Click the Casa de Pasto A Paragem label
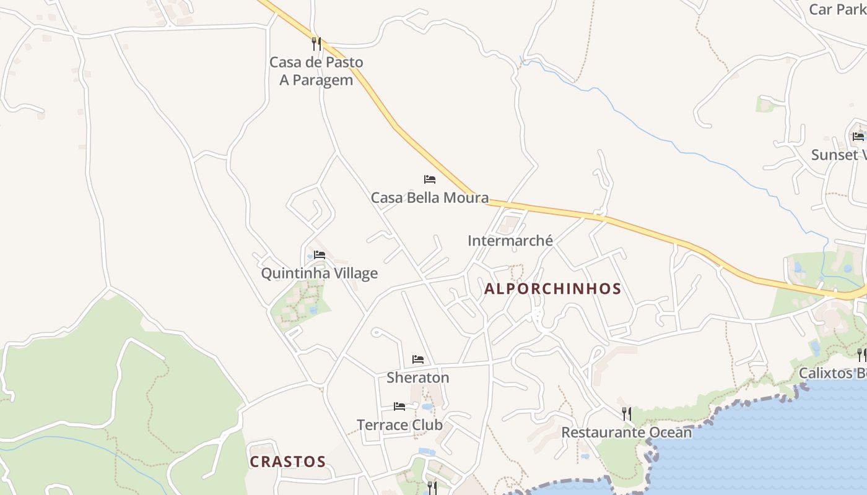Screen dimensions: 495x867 point(316,71)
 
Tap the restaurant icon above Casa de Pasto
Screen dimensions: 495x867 point(316,44)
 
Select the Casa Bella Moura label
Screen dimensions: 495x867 point(429,198)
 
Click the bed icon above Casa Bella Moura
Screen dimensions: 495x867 point(430,179)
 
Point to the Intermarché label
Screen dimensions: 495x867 point(510,241)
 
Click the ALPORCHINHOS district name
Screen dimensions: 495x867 point(552,289)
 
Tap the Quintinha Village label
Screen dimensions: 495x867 point(319,273)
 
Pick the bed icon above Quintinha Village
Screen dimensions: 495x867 point(320,254)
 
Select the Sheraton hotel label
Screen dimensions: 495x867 point(418,377)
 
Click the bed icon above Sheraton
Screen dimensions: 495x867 point(418,359)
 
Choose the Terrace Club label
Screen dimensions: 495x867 point(399,425)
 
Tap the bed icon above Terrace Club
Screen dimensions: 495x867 point(399,407)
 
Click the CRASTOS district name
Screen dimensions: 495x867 point(287,462)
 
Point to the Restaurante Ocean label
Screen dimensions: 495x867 point(626,433)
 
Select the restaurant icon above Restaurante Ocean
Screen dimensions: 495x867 point(627,413)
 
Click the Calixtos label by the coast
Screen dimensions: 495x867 point(832,373)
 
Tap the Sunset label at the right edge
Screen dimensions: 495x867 point(839,155)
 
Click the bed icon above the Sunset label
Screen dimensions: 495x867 point(858,136)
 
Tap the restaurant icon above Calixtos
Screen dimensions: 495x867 point(861,355)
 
